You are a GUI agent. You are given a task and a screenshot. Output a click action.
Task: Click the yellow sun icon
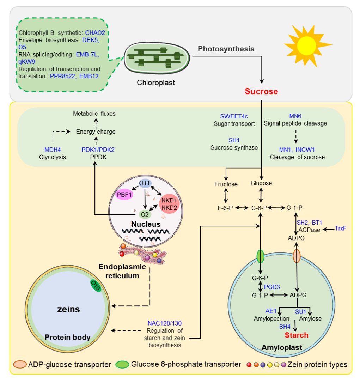click(x=307, y=46)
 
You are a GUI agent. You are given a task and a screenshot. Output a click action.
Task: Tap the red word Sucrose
click(x=261, y=91)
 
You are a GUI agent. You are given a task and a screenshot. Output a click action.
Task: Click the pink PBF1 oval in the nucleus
click(x=124, y=195)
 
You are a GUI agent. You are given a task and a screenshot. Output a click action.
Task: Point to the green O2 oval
click(x=145, y=214)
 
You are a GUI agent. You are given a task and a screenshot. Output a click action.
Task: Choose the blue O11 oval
click(x=145, y=183)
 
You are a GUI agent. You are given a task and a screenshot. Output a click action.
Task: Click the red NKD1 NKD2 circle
click(x=169, y=204)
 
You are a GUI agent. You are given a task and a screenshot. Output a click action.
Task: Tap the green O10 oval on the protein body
click(x=96, y=286)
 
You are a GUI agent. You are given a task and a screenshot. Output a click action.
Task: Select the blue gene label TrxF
click(x=341, y=229)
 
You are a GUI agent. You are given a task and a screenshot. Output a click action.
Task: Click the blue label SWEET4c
click(x=234, y=116)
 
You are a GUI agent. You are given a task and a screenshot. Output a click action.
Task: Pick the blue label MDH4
click(x=53, y=150)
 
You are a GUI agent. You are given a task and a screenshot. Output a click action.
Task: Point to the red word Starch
click(x=297, y=335)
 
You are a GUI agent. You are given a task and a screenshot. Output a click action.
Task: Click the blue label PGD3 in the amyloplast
click(x=272, y=287)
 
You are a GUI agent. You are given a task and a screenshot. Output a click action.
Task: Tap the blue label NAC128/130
click(x=165, y=323)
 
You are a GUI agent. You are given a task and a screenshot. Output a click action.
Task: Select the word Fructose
click(x=226, y=184)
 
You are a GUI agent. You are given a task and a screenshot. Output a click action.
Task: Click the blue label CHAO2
click(x=95, y=33)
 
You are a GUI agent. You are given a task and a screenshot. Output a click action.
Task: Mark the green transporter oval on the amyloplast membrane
click(x=261, y=256)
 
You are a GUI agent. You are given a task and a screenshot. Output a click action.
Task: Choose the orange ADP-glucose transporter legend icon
click(x=20, y=364)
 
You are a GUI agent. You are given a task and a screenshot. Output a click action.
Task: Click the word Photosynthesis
click(x=226, y=49)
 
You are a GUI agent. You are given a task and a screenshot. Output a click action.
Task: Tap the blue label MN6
click(x=295, y=116)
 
